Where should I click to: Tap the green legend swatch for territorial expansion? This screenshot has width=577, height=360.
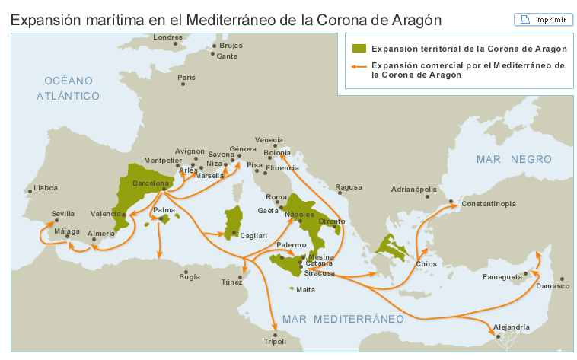click(359, 48)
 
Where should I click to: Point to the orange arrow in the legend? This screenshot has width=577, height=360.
click(359, 66)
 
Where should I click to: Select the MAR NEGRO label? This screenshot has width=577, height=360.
click(513, 159)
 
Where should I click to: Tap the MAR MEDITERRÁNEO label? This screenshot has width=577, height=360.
click(342, 318)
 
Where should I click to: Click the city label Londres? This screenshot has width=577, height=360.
click(167, 37)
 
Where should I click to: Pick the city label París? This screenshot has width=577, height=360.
click(186, 77)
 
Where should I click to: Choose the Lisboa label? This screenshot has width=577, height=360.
click(46, 187)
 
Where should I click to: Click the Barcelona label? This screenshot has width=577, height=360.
click(150, 183)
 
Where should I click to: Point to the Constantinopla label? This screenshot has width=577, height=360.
click(489, 204)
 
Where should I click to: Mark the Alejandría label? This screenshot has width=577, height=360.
click(511, 327)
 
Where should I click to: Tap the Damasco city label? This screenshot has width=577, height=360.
click(552, 286)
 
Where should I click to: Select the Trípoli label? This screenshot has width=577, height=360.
click(274, 341)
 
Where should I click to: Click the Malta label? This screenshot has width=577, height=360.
click(305, 290)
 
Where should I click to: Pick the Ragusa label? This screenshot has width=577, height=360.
click(348, 186)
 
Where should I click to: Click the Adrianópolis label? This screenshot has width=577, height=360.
click(414, 189)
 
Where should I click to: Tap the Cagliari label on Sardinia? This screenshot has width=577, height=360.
click(253, 236)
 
